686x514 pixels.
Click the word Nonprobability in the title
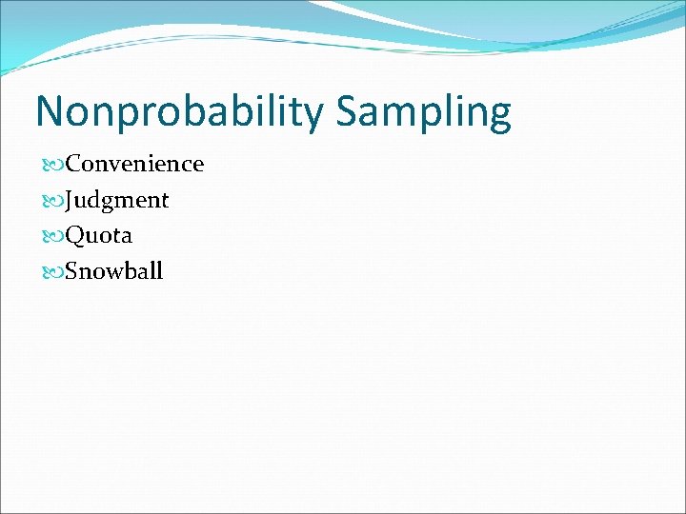point(180,112)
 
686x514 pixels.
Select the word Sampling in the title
point(423,112)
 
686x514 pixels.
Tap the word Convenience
point(134,164)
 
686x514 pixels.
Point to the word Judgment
point(117,200)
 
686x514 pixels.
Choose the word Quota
point(98,235)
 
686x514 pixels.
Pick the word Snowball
point(114,271)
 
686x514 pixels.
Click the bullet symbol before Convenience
point(52,165)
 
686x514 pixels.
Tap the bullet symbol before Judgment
point(52,201)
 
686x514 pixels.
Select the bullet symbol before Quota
point(52,236)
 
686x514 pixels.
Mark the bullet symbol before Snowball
point(52,272)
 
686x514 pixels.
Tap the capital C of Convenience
point(73,164)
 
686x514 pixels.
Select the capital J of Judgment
point(71,201)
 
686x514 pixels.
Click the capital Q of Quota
point(74,236)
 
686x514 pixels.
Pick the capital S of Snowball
point(72,271)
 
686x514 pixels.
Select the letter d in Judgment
point(99,199)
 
